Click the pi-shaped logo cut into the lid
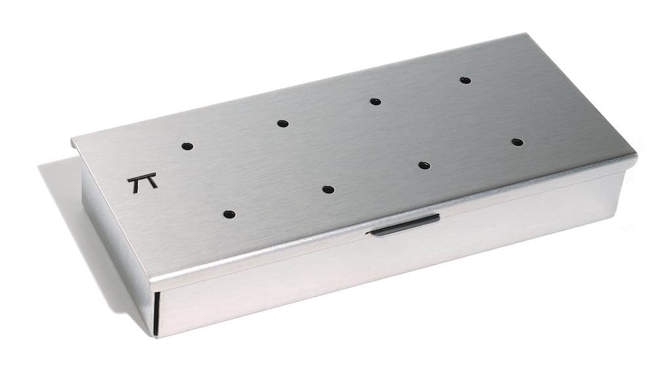(142, 182)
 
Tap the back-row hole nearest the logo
(187, 146)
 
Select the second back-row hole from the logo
(282, 123)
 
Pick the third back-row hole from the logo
(375, 101)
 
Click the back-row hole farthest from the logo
(465, 80)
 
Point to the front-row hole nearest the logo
(229, 214)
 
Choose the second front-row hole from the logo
(328, 190)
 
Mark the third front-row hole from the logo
(424, 165)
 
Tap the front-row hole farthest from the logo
(517, 142)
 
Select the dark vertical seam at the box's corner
(157, 312)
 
